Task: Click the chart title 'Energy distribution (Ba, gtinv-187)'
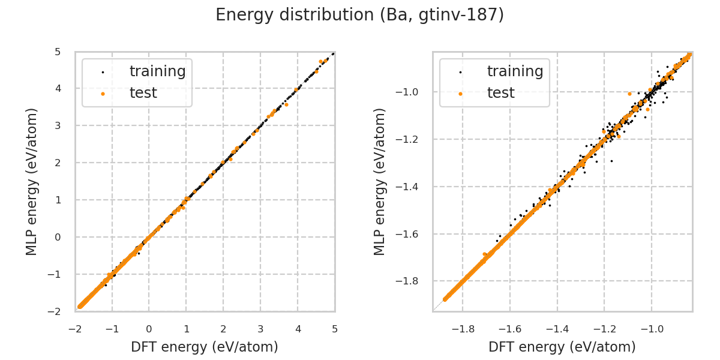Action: pyautogui.click(x=359, y=15)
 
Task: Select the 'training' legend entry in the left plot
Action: pyautogui.click(x=157, y=71)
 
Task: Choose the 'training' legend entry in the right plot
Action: pyautogui.click(x=515, y=71)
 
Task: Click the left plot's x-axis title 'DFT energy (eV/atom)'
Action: pyautogui.click(x=205, y=347)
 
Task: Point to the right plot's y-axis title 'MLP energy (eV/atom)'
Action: pyautogui.click(x=380, y=181)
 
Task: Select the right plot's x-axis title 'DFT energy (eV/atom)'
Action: pyautogui.click(x=562, y=347)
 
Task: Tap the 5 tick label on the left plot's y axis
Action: pyautogui.click(x=58, y=52)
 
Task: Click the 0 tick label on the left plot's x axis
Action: pyautogui.click(x=149, y=329)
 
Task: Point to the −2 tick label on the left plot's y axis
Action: pyautogui.click(x=55, y=311)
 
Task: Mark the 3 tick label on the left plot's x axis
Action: pyautogui.click(x=260, y=329)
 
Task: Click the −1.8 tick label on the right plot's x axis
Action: pyautogui.click(x=463, y=329)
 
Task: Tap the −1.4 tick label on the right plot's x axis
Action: pyautogui.click(x=557, y=329)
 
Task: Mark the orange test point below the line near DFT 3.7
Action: pyautogui.click(x=286, y=104)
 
